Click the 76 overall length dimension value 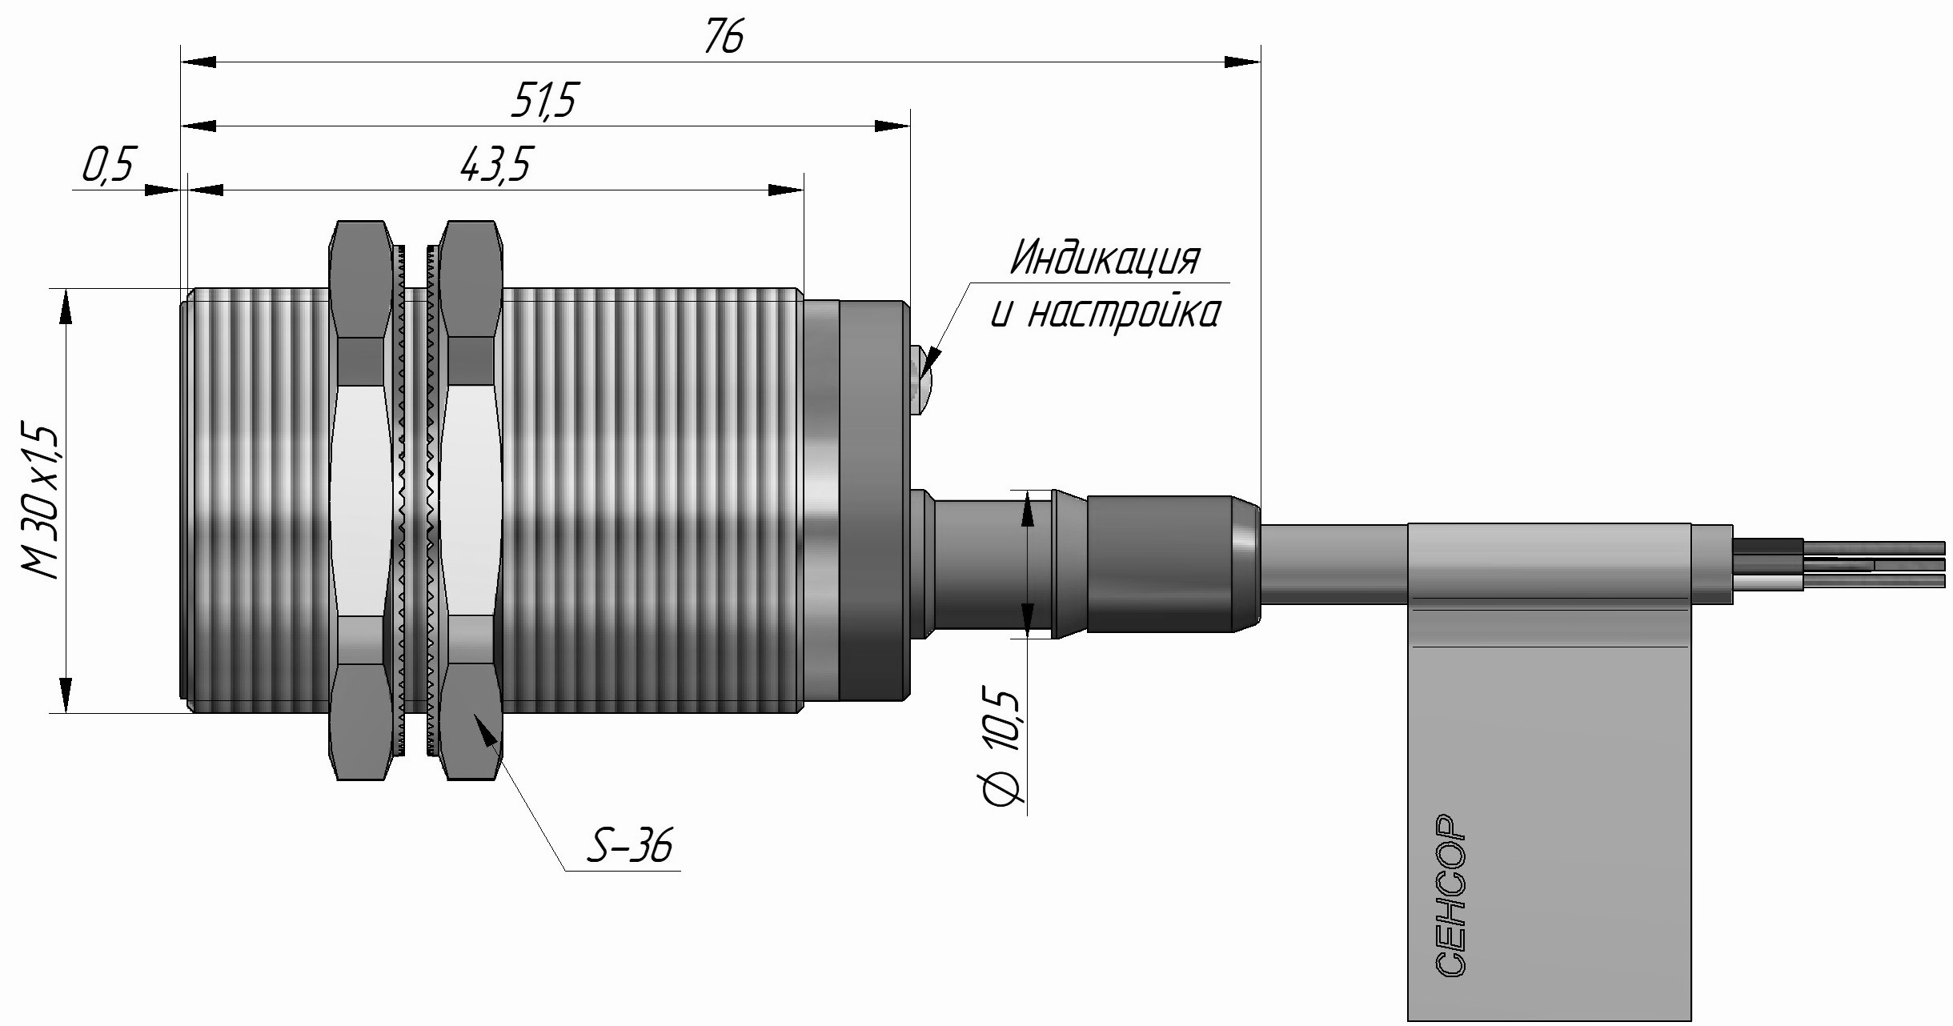coord(724,37)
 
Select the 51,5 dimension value coord(544,101)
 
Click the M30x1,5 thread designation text coord(40,500)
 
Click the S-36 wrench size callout coord(629,846)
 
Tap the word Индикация coord(1105,258)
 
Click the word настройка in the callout coord(1122,313)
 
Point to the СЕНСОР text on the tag coord(1451,896)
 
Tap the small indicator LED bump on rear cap coord(920,380)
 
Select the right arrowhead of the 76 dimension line coord(1243,62)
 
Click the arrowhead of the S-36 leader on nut coord(484,729)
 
